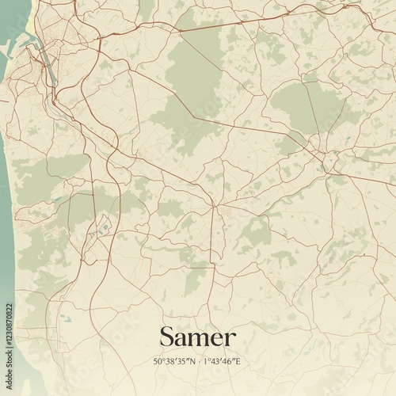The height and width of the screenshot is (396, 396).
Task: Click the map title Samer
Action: coord(197,337)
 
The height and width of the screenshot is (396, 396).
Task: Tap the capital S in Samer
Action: coord(167,337)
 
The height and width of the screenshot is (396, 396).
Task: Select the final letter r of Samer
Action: coord(230,339)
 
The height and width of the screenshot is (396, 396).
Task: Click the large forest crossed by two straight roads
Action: coord(190,87)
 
